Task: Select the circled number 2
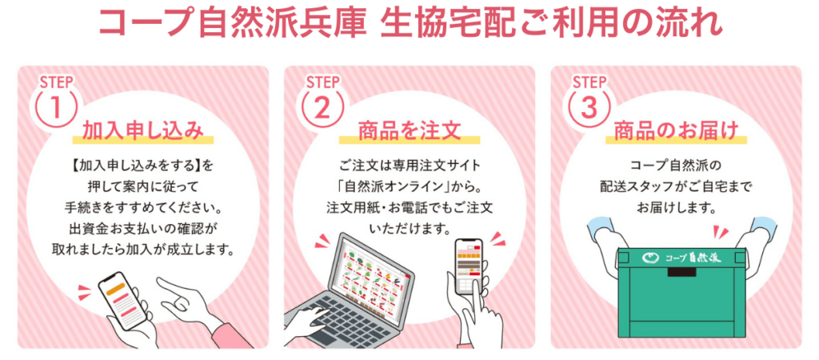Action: pyautogui.click(x=322, y=107)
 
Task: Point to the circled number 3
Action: pyautogui.click(x=588, y=107)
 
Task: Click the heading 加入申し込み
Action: pyautogui.click(x=142, y=130)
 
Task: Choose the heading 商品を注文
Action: pyautogui.click(x=409, y=130)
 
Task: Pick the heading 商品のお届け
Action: pyautogui.click(x=676, y=130)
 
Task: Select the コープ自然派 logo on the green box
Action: pyautogui.click(x=676, y=257)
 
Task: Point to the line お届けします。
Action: pyautogui.click(x=676, y=208)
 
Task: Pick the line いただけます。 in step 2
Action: pyautogui.click(x=409, y=229)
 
